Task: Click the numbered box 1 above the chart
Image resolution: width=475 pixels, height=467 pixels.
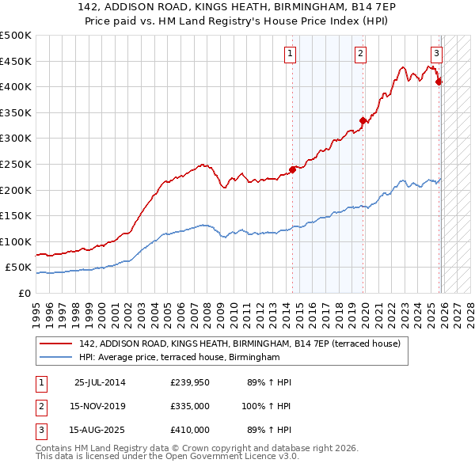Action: tap(291, 54)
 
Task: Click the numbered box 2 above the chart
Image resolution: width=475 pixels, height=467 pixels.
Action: tap(360, 54)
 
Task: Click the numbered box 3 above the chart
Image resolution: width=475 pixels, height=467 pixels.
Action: tap(435, 54)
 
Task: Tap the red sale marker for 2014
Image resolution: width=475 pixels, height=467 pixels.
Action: tap(292, 169)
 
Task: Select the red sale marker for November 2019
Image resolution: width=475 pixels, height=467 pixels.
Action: tap(363, 120)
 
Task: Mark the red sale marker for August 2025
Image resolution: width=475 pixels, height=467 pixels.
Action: tap(439, 82)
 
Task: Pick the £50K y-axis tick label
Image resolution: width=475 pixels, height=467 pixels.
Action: tap(18, 268)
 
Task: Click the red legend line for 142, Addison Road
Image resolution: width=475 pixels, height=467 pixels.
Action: tap(55, 344)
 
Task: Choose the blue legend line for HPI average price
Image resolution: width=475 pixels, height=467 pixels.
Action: tap(55, 358)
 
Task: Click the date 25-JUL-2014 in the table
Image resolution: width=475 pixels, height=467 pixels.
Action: tap(99, 382)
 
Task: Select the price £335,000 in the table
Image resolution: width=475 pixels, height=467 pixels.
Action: tap(190, 406)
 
